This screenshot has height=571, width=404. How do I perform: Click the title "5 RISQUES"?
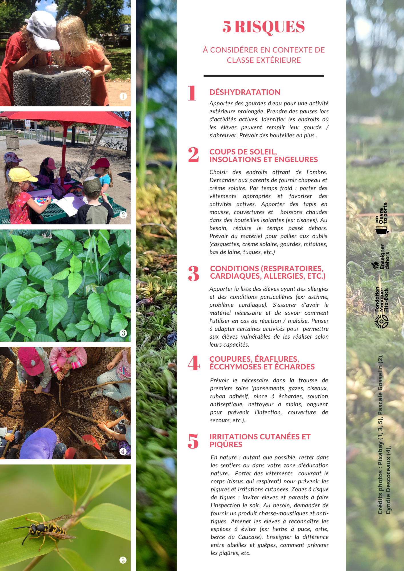(x=263, y=27)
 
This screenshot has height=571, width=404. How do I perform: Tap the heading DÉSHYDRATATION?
(x=245, y=92)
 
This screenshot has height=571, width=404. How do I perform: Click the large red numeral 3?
(x=193, y=274)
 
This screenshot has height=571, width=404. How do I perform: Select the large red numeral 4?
(x=194, y=363)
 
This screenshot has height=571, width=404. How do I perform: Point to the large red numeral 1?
(x=192, y=93)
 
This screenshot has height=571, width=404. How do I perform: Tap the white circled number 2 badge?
(x=123, y=215)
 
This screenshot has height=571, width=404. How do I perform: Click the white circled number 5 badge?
(x=123, y=560)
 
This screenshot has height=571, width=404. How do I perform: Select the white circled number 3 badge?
(x=123, y=333)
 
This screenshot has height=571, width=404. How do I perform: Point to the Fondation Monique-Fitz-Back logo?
(x=382, y=307)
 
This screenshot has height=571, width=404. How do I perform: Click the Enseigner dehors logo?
(x=381, y=257)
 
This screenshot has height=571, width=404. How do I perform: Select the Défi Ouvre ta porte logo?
(x=382, y=218)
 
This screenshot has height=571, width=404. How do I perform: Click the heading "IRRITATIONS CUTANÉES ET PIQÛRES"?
(x=260, y=441)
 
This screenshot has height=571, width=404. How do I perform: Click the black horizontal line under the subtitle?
(x=264, y=76)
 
